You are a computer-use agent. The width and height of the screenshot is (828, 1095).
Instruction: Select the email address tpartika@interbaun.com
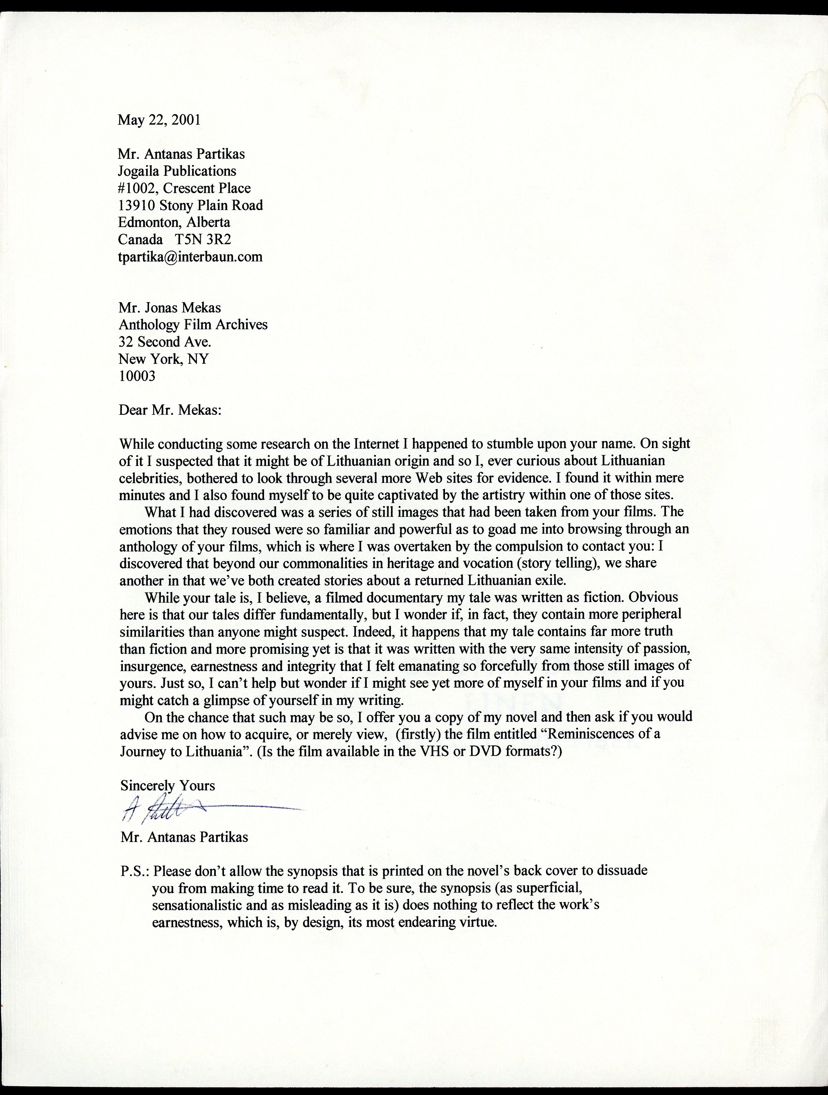[x=190, y=257]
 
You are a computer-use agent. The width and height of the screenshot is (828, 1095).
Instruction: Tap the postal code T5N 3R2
[x=203, y=240]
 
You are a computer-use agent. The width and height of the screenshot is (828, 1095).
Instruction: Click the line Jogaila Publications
[x=177, y=171]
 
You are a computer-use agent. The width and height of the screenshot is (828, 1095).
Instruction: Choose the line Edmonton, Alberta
[x=174, y=222]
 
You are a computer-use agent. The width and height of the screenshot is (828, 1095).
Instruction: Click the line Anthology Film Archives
[x=193, y=325]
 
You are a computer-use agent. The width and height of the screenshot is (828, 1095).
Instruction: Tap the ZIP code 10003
[x=137, y=376]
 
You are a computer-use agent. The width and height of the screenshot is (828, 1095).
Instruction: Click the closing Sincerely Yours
[x=167, y=786]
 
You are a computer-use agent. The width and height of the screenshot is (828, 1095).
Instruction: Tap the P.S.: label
[x=135, y=871]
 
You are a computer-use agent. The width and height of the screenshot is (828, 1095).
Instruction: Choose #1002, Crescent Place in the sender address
[x=184, y=189]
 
